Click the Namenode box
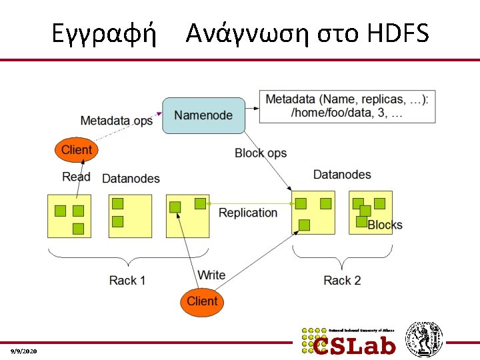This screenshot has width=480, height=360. tap(203, 115)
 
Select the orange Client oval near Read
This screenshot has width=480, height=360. tap(76, 150)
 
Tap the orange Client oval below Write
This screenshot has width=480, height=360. tap(202, 301)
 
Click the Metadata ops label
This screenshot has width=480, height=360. tap(116, 121)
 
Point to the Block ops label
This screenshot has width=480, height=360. tap(261, 153)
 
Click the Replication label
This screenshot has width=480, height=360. tap(248, 213)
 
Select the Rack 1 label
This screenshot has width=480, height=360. tap(127, 280)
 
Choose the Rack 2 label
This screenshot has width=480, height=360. tap(342, 280)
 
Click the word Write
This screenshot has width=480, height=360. tap(211, 275)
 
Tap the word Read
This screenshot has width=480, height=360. tap(76, 177)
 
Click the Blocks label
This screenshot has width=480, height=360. tap(385, 225)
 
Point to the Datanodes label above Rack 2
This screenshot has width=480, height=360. tap(342, 175)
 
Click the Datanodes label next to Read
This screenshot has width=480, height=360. tap(131, 178)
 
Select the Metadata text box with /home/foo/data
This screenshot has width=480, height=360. tap(347, 106)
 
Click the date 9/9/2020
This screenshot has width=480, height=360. tap(24, 351)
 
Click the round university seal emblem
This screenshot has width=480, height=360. tap(425, 339)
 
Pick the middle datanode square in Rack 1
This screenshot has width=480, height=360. tap(131, 216)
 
